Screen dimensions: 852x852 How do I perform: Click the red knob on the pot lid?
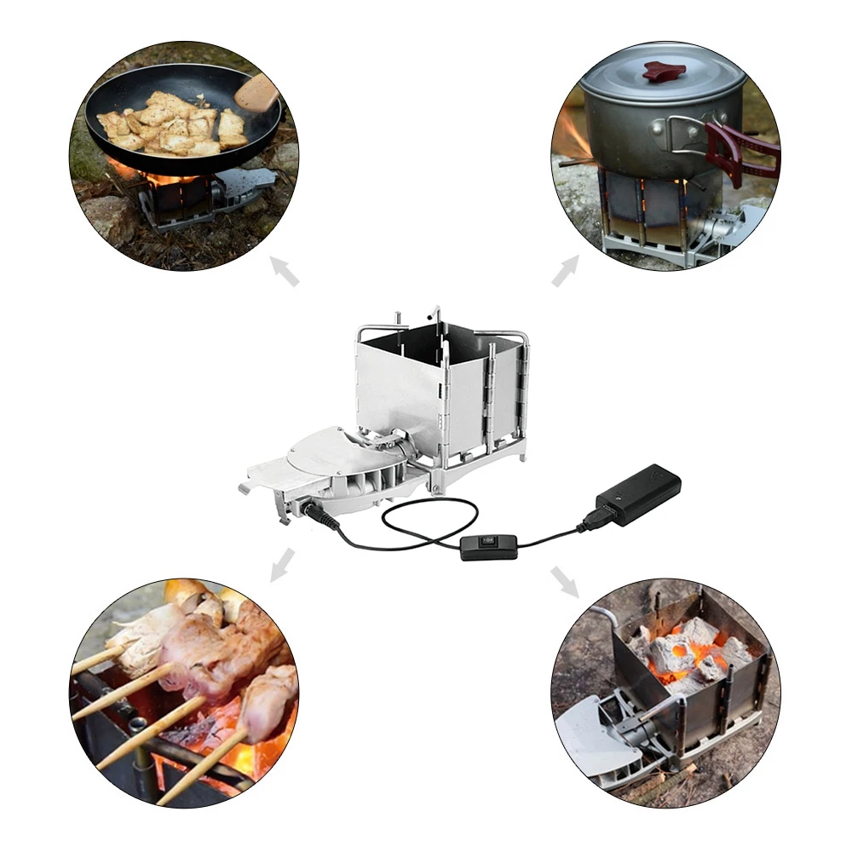point(665,72)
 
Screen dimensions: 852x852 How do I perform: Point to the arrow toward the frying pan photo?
point(285,273)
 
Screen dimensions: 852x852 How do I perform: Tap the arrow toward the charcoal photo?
point(564,580)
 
